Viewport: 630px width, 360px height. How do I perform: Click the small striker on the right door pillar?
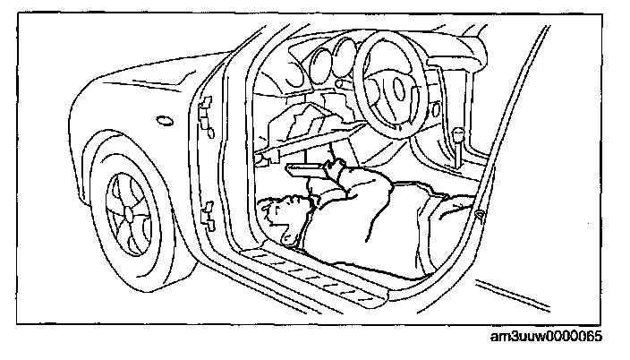click(481, 215)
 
